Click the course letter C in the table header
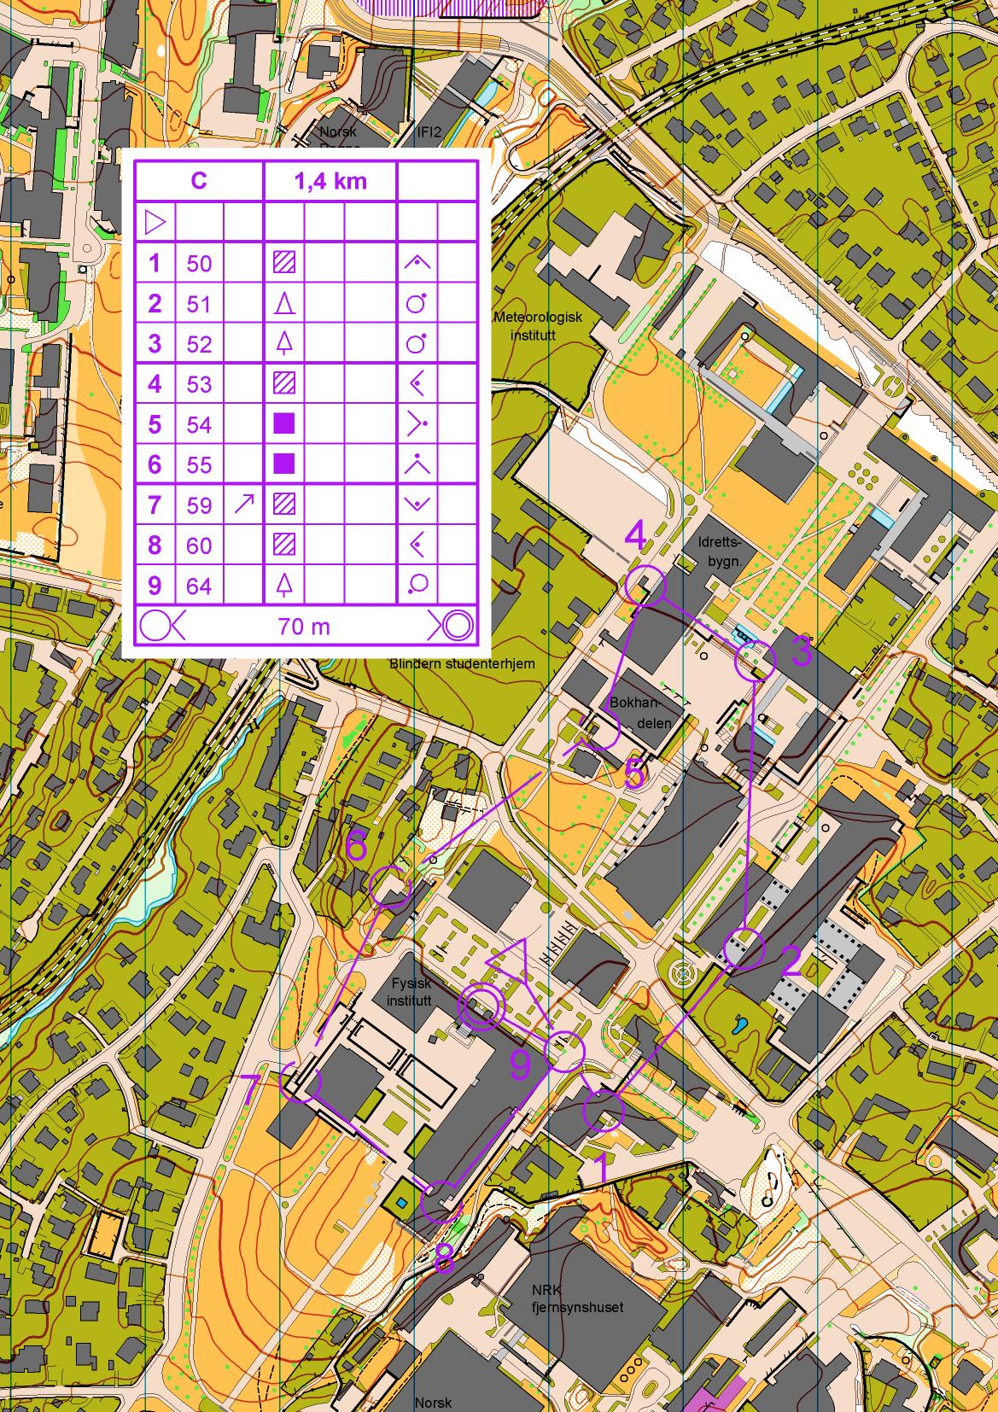click(x=198, y=181)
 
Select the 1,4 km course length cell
click(x=330, y=181)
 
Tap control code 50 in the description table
click(x=199, y=263)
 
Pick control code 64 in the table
click(x=199, y=586)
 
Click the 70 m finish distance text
click(x=304, y=627)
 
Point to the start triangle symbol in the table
click(x=155, y=223)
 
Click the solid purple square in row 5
click(x=284, y=423)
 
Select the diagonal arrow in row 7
click(x=243, y=505)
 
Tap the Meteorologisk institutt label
click(x=538, y=325)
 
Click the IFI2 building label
click(x=428, y=132)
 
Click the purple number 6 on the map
click(x=357, y=847)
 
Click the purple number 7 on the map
click(x=251, y=1089)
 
